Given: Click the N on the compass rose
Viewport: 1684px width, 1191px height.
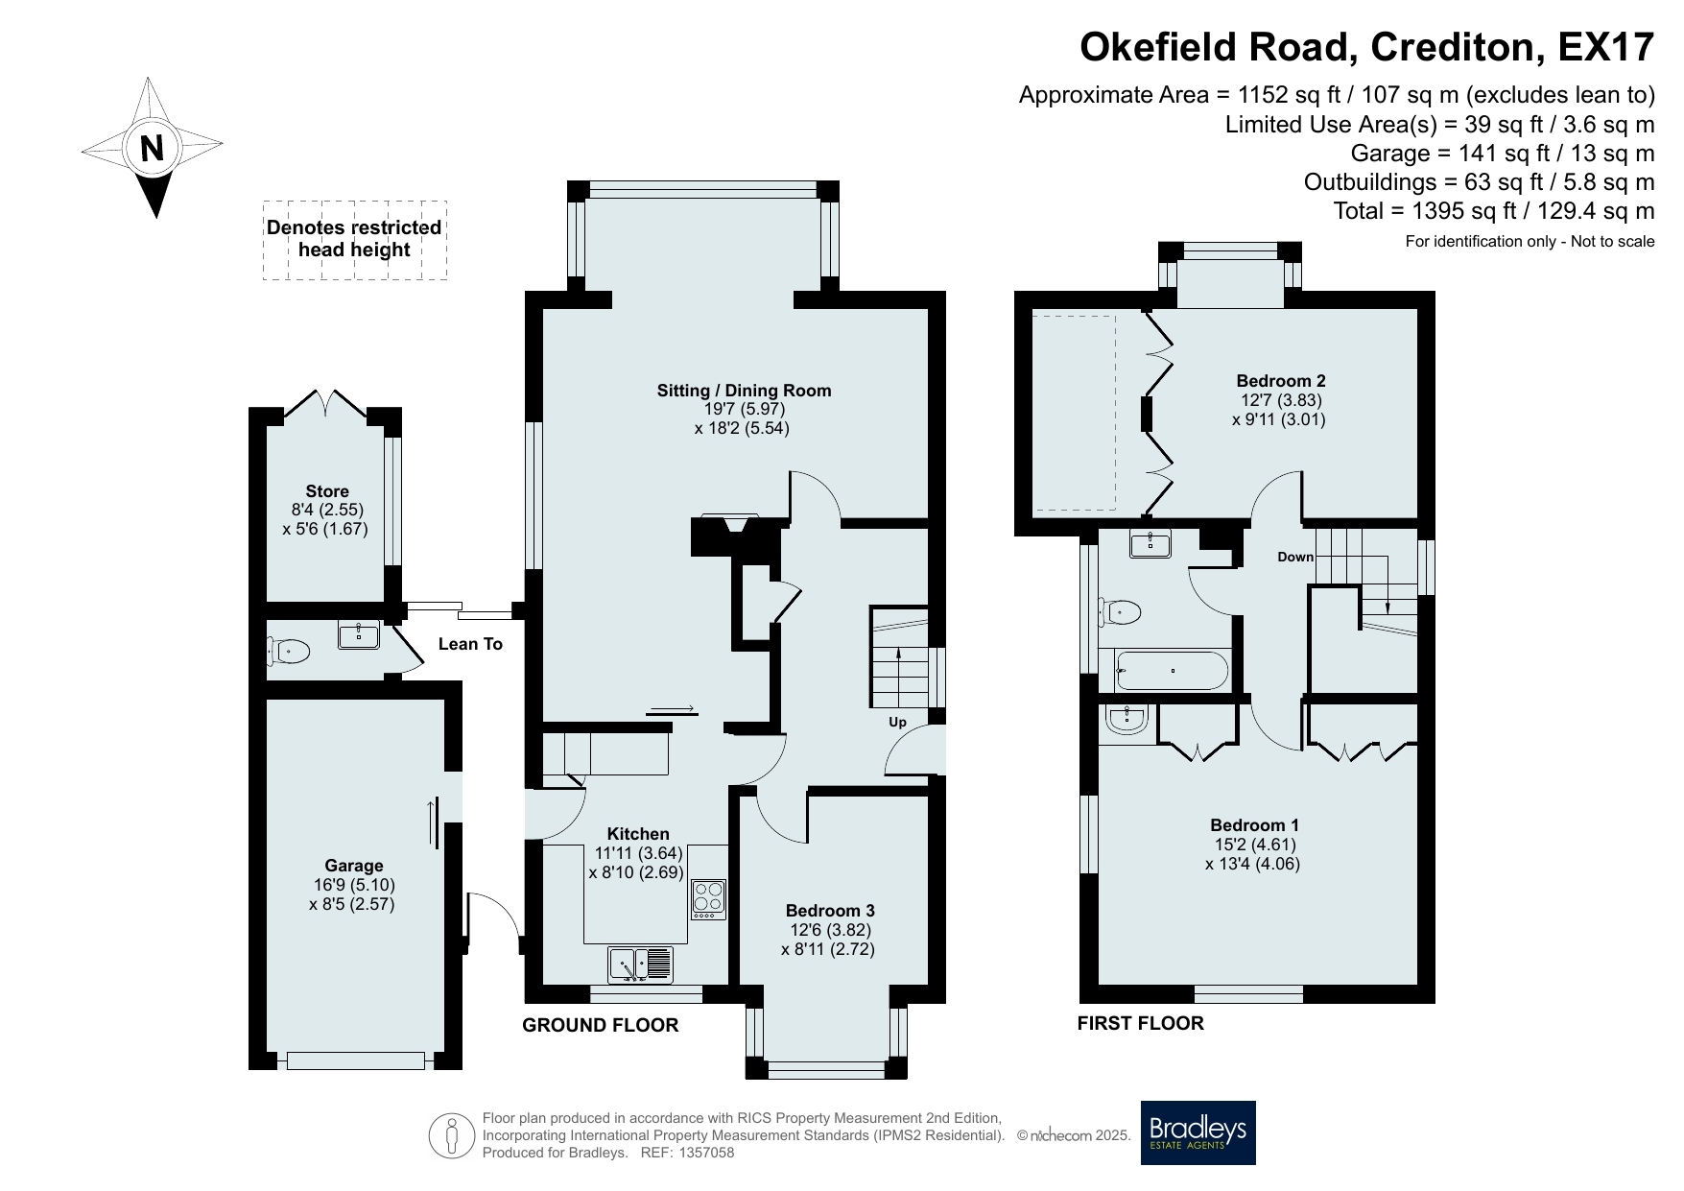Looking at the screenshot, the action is (153, 149).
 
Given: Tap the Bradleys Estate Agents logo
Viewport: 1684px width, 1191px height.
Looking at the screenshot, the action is (1198, 1132).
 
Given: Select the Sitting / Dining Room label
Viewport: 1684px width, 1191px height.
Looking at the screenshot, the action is (744, 391).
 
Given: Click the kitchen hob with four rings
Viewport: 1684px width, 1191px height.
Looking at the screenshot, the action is (709, 899).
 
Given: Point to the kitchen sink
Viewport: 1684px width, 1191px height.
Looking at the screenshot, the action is (641, 965).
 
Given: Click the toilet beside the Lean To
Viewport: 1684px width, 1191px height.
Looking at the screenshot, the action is (289, 653).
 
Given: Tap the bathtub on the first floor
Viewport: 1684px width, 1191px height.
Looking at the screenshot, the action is (1172, 671).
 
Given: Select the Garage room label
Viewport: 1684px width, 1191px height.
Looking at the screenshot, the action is (353, 866).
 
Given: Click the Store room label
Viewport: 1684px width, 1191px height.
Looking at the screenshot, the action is (327, 491).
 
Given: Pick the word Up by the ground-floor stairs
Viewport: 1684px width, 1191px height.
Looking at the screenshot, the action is (897, 723).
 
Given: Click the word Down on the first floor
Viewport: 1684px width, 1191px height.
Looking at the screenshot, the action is (1295, 557).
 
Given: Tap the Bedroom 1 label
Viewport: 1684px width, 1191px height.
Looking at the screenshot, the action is (1254, 825).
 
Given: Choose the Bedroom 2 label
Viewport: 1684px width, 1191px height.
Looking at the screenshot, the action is (1281, 381).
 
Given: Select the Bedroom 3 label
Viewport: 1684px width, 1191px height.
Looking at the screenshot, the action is (830, 911).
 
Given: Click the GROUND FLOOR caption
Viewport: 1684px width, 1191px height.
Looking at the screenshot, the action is (600, 1026).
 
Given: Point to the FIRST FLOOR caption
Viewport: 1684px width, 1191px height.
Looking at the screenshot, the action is (1140, 1023).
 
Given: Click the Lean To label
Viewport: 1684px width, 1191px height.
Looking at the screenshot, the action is (470, 644).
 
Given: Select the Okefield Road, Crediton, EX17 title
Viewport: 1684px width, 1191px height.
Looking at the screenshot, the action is (1367, 46).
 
